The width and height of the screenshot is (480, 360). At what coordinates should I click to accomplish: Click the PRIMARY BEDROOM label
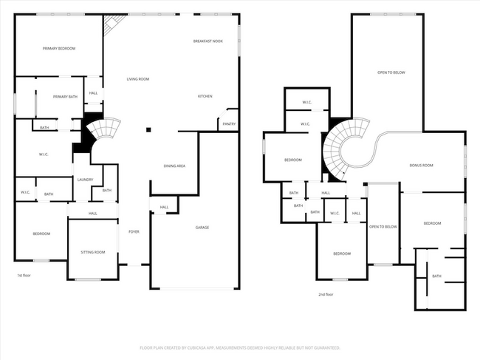tap(59, 48)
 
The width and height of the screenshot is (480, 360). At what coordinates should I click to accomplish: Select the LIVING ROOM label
tap(137, 79)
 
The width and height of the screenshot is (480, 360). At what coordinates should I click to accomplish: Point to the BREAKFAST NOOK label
tap(208, 41)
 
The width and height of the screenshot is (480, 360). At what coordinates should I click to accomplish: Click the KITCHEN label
tap(205, 96)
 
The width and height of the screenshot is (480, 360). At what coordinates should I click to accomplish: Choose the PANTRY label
tap(228, 123)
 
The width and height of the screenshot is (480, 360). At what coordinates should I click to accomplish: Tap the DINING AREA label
tap(174, 166)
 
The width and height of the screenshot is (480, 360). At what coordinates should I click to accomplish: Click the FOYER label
tap(134, 231)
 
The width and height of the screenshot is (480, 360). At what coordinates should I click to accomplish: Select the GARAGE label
tap(202, 227)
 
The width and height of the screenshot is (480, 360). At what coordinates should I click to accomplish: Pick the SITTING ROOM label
tap(93, 252)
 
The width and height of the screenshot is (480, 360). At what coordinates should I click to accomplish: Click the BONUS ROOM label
tap(421, 166)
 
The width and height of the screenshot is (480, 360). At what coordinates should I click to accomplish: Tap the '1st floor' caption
tap(24, 275)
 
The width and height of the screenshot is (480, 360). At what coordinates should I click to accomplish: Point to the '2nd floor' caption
tap(326, 294)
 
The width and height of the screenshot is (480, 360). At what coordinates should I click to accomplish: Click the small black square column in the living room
tap(148, 129)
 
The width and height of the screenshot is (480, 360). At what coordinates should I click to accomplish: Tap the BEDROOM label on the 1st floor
tap(41, 234)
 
